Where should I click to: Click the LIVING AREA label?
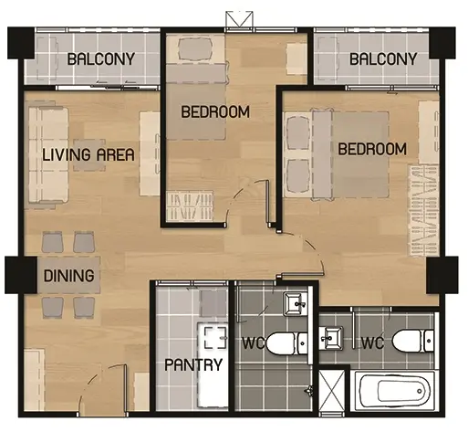(x=88, y=154)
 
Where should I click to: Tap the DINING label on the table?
(x=69, y=276)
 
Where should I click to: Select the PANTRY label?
(x=193, y=364)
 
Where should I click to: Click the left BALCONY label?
(x=101, y=58)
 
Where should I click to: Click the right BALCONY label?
(x=383, y=58)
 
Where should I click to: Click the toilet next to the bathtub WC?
(x=412, y=341)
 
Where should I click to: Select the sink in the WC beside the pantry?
(x=295, y=303)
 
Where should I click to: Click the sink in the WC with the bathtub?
(x=331, y=338)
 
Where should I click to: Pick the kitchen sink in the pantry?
(x=215, y=338)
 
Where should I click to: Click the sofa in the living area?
(x=48, y=155)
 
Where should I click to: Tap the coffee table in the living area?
(x=89, y=155)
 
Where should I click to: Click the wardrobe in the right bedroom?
(x=423, y=210)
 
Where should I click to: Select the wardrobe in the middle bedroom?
(x=190, y=205)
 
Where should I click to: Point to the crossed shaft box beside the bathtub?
(x=332, y=390)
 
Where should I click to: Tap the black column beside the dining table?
(x=21, y=275)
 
